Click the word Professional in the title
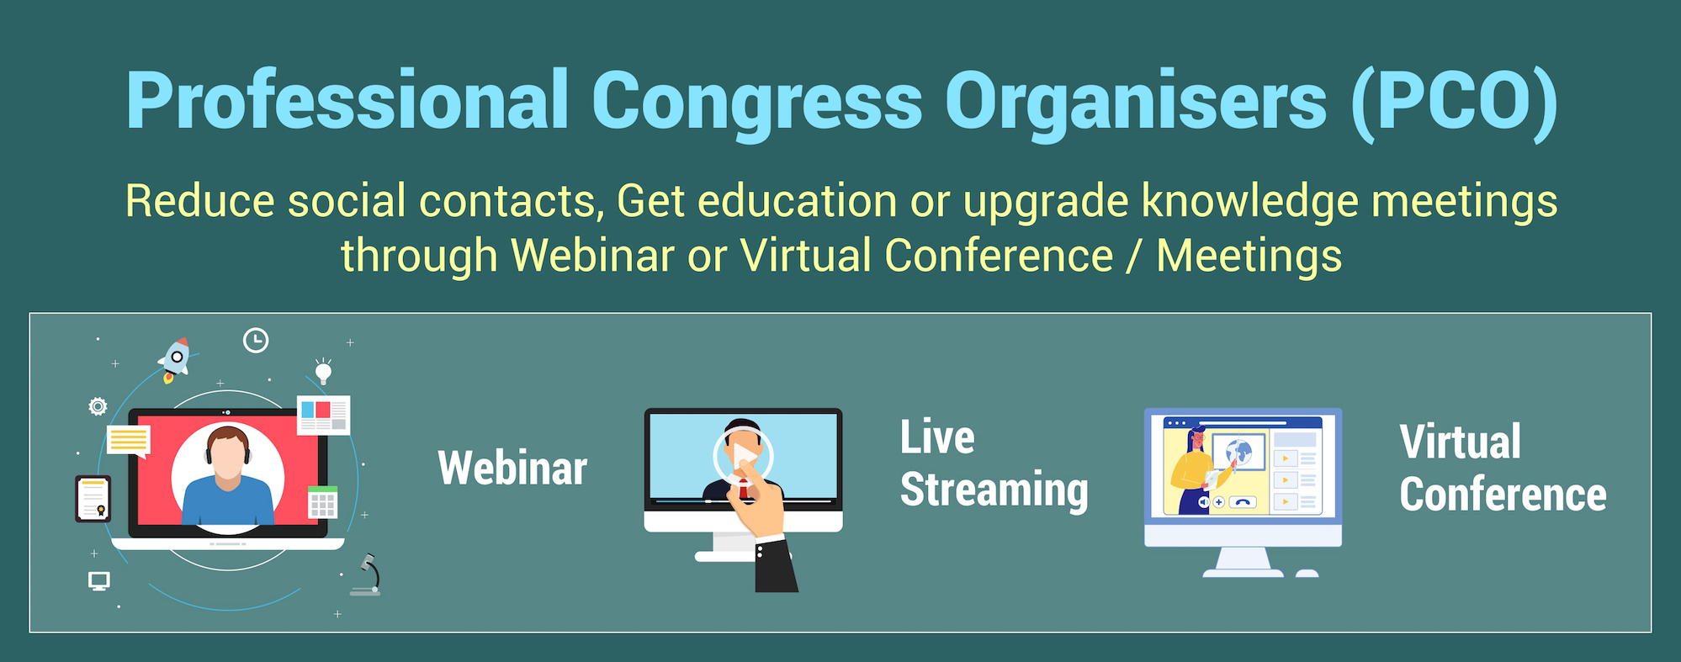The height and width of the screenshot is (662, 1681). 347,101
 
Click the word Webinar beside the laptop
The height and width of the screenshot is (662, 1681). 512,469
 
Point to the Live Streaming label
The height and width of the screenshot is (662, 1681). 994,464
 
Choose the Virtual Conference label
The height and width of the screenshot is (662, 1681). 1503,468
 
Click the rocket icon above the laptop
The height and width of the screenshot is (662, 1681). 174,360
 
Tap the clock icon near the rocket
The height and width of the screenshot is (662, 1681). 256,341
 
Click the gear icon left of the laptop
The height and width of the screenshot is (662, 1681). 98,407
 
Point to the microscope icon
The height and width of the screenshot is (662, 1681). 368,575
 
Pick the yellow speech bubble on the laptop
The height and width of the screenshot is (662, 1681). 129,441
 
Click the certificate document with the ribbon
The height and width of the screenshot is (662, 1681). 93,499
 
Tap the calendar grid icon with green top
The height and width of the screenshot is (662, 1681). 323,502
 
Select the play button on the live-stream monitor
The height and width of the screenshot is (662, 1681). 743,457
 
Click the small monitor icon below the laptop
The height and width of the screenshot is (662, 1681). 99,581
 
